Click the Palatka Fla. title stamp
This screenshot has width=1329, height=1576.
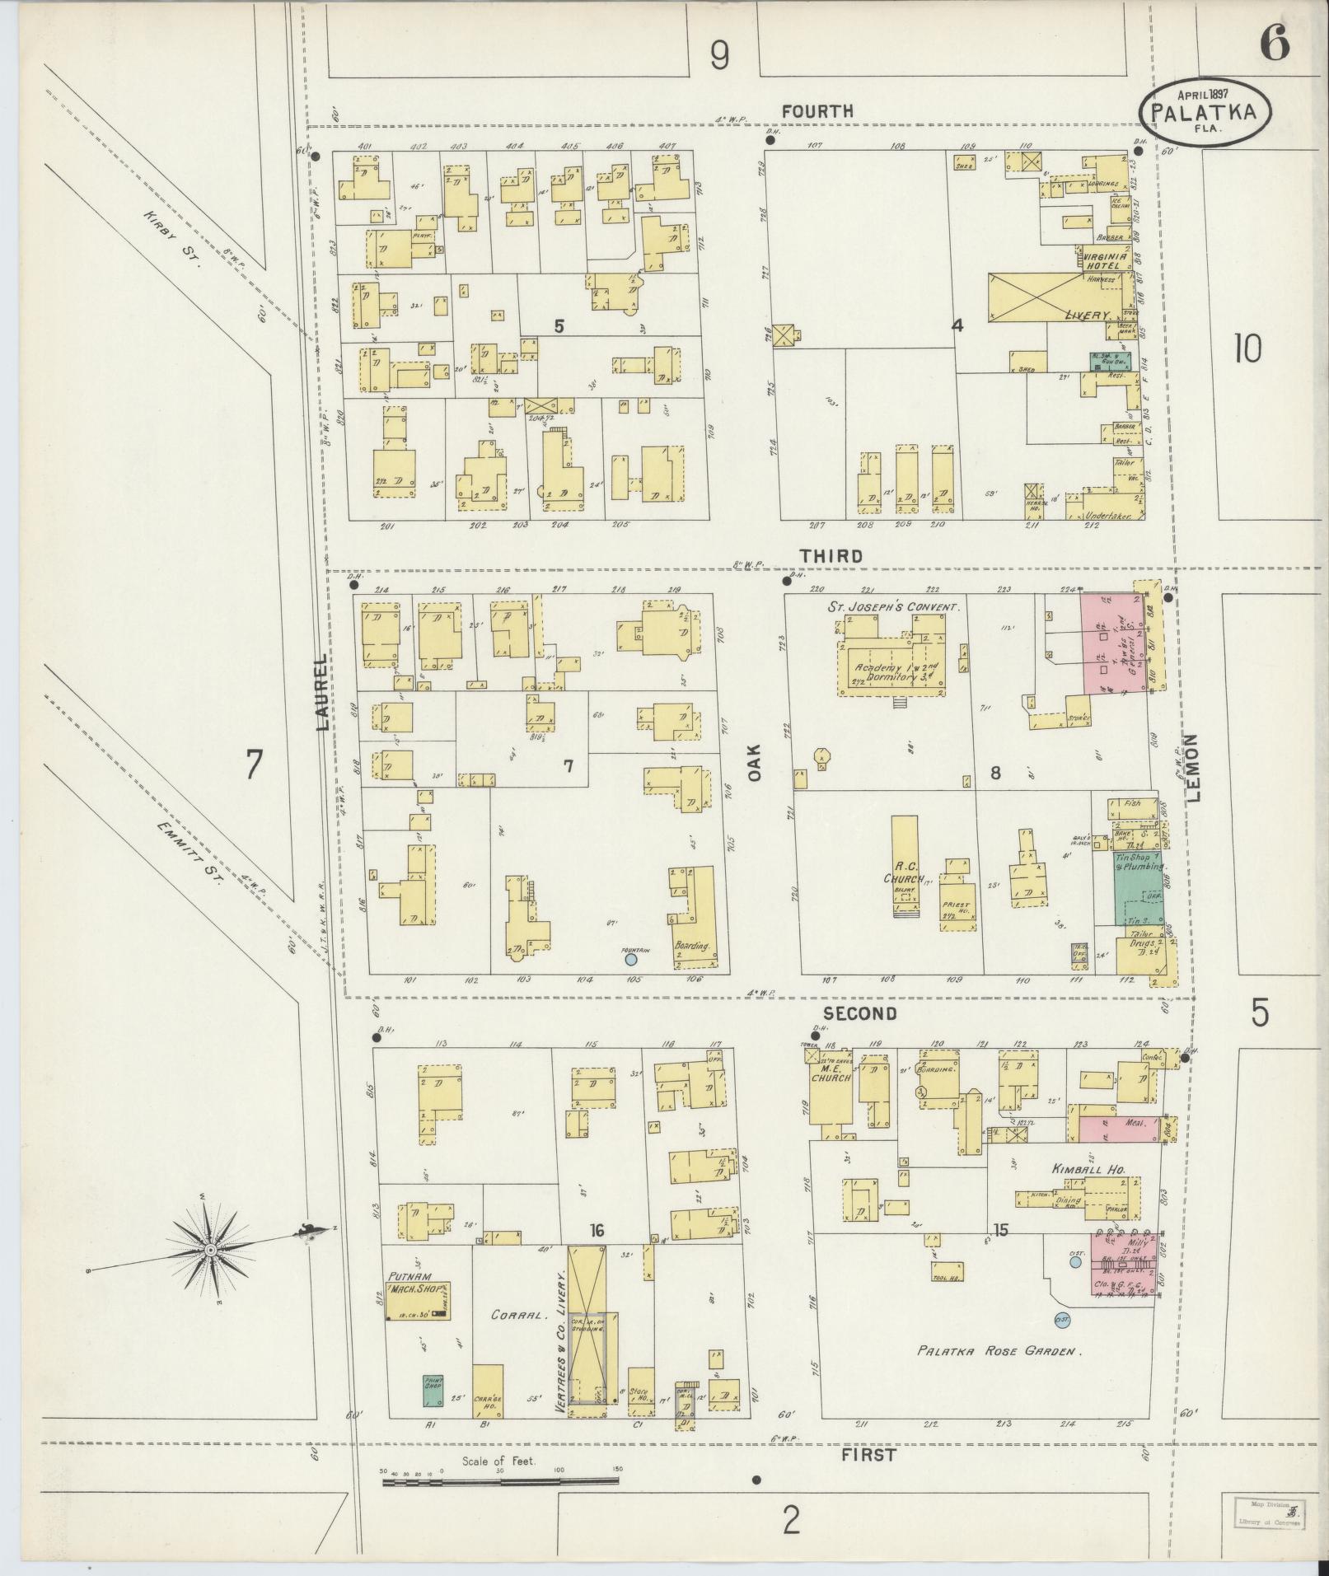1204,113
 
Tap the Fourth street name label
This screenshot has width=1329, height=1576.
817,110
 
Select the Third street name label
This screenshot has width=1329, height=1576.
835,555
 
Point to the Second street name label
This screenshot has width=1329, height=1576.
859,1013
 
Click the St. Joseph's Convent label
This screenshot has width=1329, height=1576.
900,607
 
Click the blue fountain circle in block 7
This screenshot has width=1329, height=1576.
630,958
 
